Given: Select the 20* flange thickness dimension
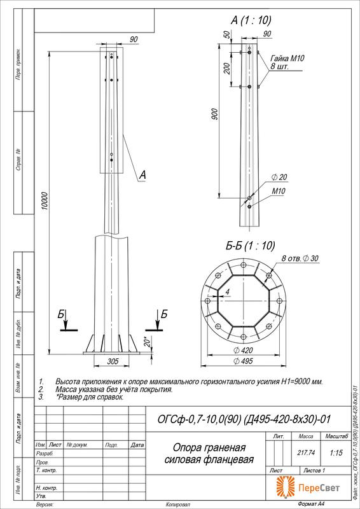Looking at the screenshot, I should point(146,342).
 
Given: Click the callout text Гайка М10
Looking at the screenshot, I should point(287,58).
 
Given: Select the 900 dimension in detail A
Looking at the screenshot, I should point(216,114).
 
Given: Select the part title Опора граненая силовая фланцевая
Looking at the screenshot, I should point(209,453).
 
